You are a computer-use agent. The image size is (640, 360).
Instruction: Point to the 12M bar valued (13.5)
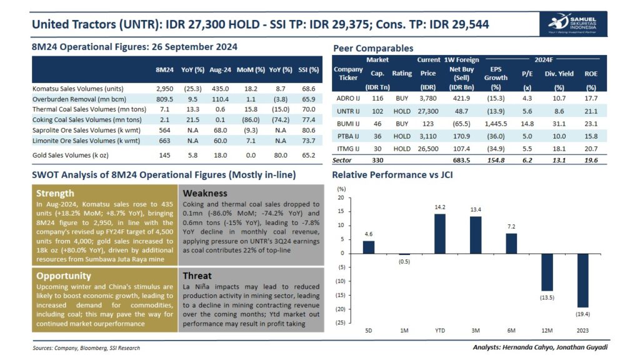coord(547,272)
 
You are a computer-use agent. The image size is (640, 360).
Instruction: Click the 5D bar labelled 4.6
coord(369,247)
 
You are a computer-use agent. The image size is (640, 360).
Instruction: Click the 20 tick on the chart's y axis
coord(341,197)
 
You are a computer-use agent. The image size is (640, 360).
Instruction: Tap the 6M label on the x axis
coord(511,329)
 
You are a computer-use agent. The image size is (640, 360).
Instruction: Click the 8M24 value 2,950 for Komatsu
coord(164,89)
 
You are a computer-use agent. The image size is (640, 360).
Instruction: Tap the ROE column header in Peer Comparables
coord(591,73)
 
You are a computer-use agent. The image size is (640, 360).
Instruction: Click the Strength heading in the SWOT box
coord(55,193)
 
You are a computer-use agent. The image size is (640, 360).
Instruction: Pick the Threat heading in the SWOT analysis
coord(197,276)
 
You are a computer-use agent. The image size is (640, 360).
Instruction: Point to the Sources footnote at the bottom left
coord(86,347)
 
